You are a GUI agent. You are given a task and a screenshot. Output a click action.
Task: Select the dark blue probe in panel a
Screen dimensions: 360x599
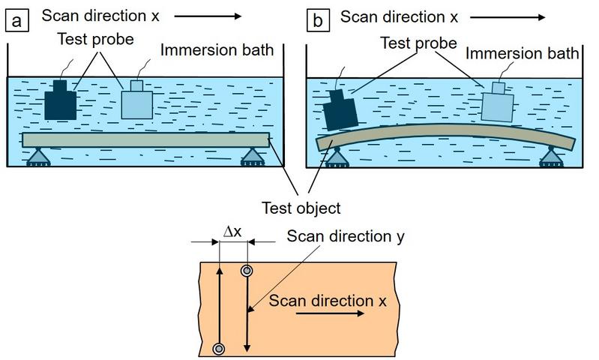[61, 100]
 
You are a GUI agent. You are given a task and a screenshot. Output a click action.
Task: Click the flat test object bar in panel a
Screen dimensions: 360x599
[145, 140]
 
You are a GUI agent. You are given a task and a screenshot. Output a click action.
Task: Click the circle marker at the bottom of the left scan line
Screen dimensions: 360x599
[219, 348]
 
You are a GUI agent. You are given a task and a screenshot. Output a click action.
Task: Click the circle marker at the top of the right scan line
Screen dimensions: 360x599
[246, 271]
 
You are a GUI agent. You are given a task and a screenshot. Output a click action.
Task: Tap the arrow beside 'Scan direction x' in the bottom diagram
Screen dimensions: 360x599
[331, 315]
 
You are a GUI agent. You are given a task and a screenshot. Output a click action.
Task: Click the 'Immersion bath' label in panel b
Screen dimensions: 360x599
[523, 54]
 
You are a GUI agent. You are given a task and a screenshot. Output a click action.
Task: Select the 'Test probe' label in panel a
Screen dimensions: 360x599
[91, 40]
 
